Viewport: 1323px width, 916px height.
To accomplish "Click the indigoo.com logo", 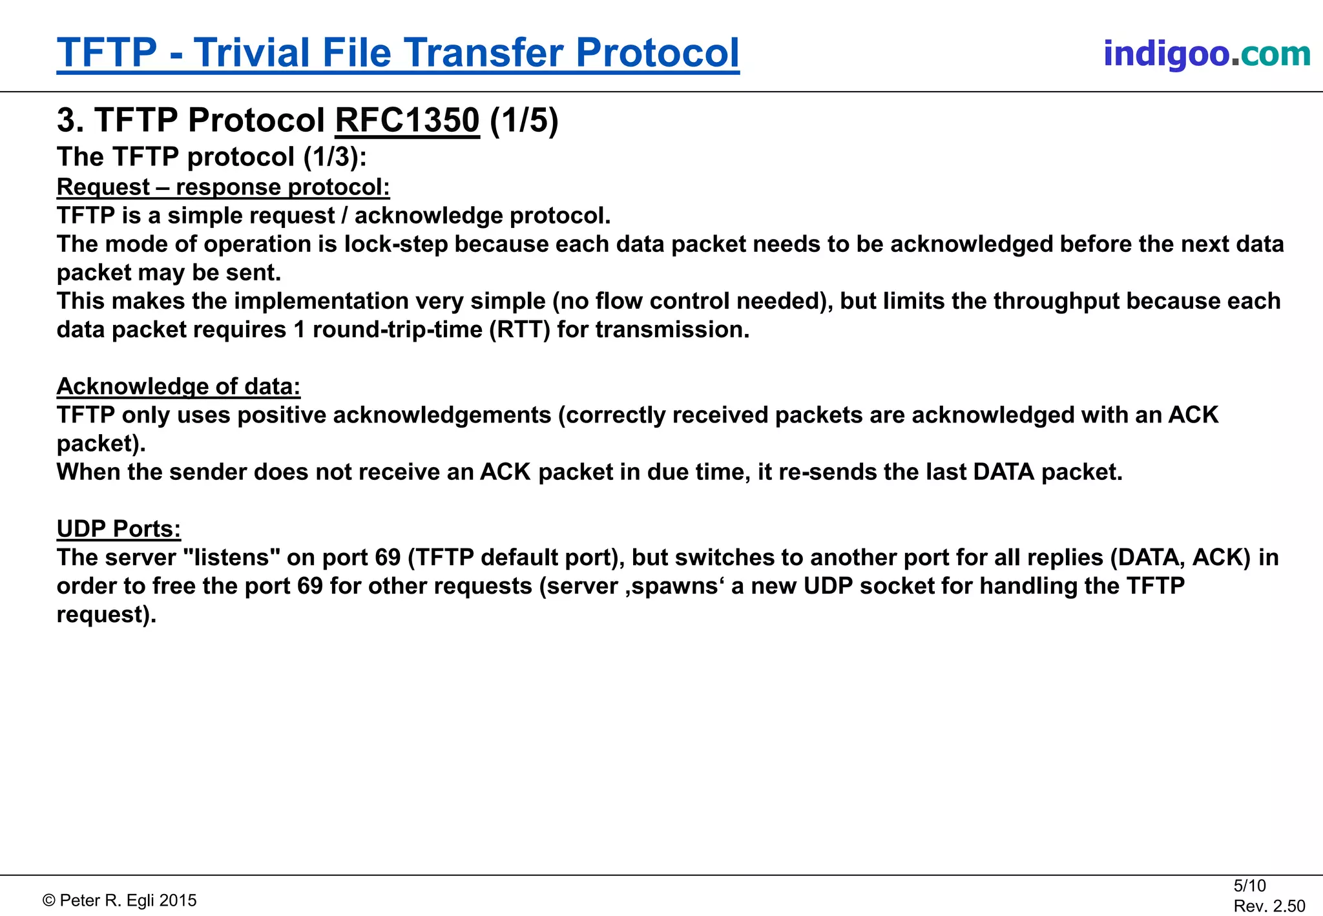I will point(1207,54).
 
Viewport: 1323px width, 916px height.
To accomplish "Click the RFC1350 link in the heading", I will point(407,120).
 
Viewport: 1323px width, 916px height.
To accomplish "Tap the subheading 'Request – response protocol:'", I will point(223,187).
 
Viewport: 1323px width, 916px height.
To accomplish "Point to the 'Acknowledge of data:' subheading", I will point(178,386).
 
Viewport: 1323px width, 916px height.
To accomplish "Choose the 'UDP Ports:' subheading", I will point(119,529).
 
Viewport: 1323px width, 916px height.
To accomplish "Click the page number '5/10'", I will point(1249,886).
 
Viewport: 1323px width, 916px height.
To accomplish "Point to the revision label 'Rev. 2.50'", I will point(1269,906).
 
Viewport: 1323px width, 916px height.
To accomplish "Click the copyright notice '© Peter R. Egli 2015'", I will point(120,900).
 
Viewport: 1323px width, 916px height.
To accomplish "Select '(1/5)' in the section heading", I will point(524,120).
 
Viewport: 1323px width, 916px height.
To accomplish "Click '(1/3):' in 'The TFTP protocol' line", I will point(335,157).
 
